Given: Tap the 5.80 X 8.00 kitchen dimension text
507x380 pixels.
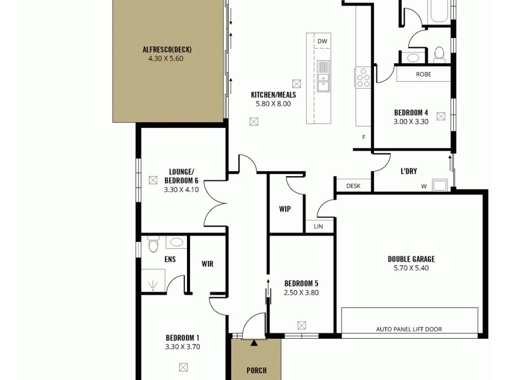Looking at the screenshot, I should (x=273, y=104).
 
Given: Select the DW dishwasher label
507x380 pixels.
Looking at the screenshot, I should (x=322, y=42).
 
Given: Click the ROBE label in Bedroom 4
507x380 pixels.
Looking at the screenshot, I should (x=424, y=74).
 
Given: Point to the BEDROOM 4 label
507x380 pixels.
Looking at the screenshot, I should (x=411, y=113).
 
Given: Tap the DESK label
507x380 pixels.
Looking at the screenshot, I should (x=353, y=186).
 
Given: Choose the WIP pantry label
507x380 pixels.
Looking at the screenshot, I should (x=285, y=208).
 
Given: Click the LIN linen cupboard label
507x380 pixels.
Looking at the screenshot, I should (x=318, y=226).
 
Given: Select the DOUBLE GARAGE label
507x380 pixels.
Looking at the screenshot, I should (x=411, y=259).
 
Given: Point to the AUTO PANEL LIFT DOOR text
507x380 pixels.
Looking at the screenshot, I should (x=409, y=329).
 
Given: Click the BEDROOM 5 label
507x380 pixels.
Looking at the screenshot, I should (x=301, y=283).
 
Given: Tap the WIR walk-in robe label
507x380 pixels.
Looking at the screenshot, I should (x=207, y=263).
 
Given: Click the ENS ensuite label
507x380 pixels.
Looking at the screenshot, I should (x=170, y=259).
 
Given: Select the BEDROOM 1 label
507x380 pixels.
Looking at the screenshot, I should (x=183, y=338).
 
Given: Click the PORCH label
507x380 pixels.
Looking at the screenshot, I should (x=256, y=370).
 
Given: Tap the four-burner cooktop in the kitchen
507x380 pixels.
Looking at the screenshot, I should (x=364, y=77).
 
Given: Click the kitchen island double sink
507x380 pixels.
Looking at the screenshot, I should (x=323, y=74).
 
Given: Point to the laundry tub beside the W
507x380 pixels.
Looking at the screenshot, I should (x=439, y=185).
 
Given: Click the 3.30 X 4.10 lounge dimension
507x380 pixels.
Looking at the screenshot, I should (x=181, y=189).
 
